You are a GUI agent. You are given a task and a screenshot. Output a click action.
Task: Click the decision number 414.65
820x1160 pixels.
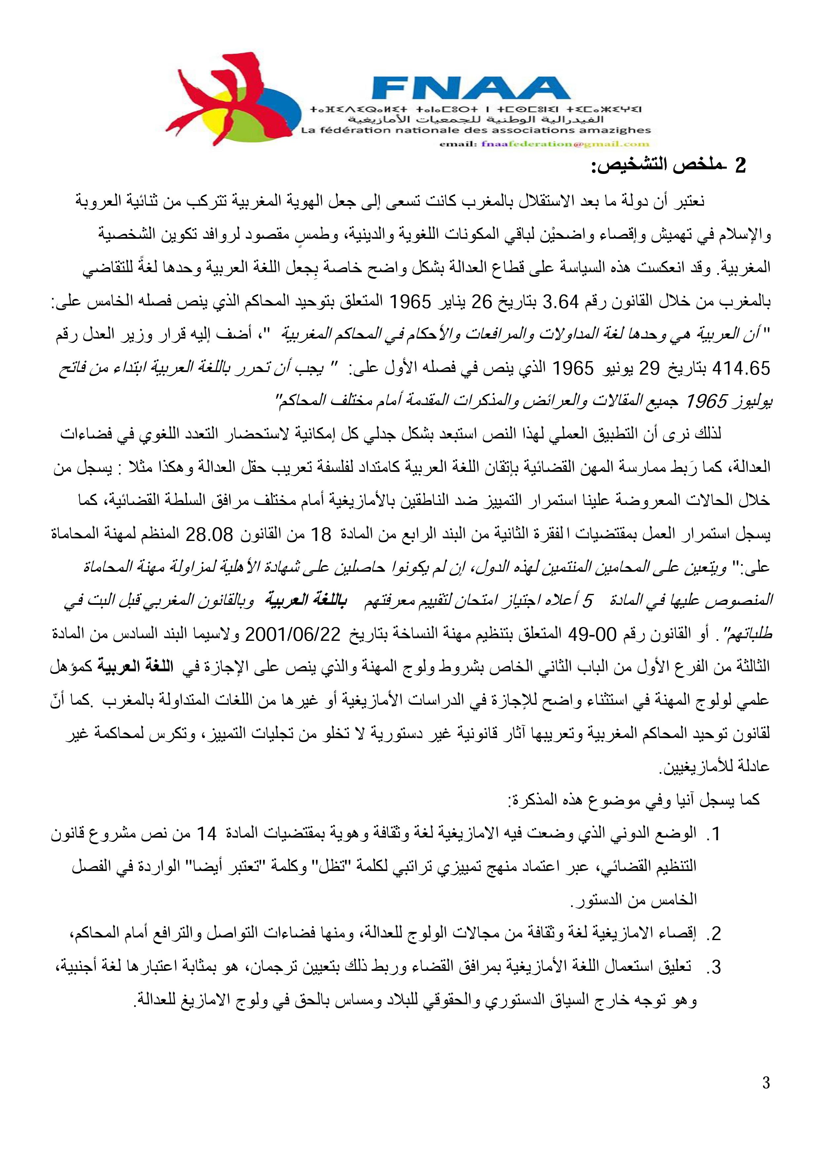[x=741, y=369]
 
